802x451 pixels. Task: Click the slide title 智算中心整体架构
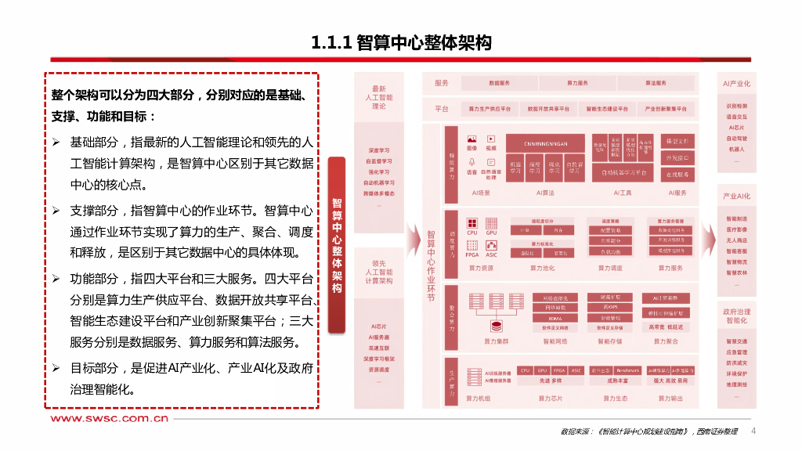click(x=401, y=42)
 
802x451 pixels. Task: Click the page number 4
click(x=753, y=431)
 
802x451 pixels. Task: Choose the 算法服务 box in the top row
click(x=656, y=83)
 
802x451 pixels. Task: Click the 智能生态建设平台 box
click(x=601, y=109)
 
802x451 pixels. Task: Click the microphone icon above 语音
click(x=471, y=161)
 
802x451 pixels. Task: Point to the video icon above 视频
click(x=491, y=137)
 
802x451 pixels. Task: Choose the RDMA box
click(x=555, y=319)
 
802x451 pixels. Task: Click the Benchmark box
click(x=627, y=370)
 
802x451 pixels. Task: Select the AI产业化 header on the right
click(x=736, y=83)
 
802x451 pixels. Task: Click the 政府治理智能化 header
click(x=736, y=316)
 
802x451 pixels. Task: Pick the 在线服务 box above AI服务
click(x=677, y=175)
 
